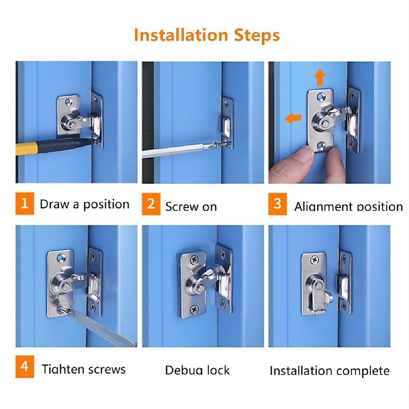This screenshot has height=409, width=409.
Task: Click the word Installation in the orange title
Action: point(181,35)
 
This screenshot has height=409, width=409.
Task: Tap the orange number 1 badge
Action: point(25,203)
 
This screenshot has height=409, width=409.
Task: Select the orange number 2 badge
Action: point(151,204)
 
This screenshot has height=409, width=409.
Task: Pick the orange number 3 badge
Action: point(277,204)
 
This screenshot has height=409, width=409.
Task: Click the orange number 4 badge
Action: point(25,366)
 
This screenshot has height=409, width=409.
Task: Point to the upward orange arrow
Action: point(319,77)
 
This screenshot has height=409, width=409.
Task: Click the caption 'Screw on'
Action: point(191,207)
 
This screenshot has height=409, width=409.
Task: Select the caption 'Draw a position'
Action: point(85,204)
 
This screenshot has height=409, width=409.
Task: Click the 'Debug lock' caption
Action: point(197,370)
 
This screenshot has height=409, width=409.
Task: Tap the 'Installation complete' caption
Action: point(329,370)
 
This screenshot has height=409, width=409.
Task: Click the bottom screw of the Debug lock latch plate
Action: point(195,309)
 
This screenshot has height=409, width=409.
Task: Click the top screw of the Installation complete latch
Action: point(314,261)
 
